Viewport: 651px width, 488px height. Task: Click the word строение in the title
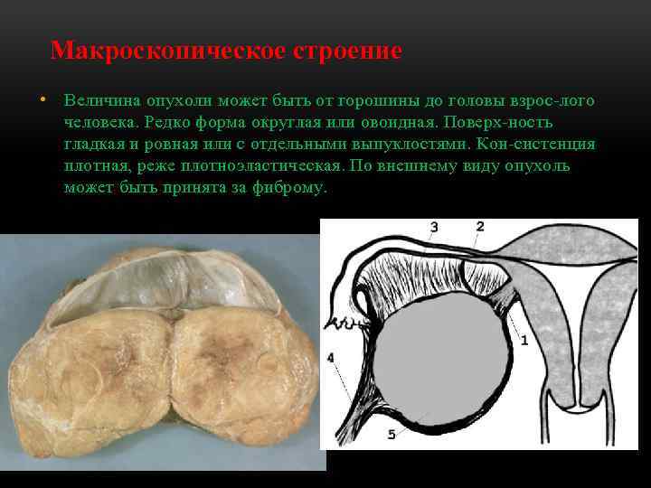tap(347, 50)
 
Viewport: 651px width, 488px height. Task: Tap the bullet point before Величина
tap(42, 99)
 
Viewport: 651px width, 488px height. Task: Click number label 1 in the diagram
tap(523, 340)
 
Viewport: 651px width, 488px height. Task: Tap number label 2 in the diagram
tap(480, 226)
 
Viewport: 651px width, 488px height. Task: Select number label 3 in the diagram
tap(434, 227)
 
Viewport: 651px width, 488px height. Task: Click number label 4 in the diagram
tap(331, 359)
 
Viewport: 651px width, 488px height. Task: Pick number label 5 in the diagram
tap(392, 435)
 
